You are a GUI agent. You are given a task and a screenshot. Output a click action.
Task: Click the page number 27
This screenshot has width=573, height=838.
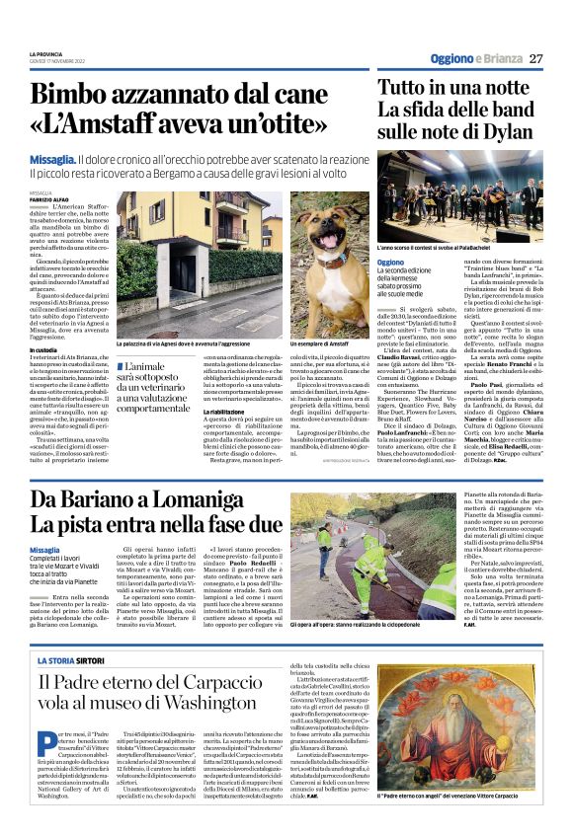click(x=536, y=58)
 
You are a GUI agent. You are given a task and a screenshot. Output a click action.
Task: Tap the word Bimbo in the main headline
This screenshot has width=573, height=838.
click(x=78, y=97)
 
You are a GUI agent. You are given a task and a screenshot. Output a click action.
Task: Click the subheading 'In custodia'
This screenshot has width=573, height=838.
click(x=43, y=349)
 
